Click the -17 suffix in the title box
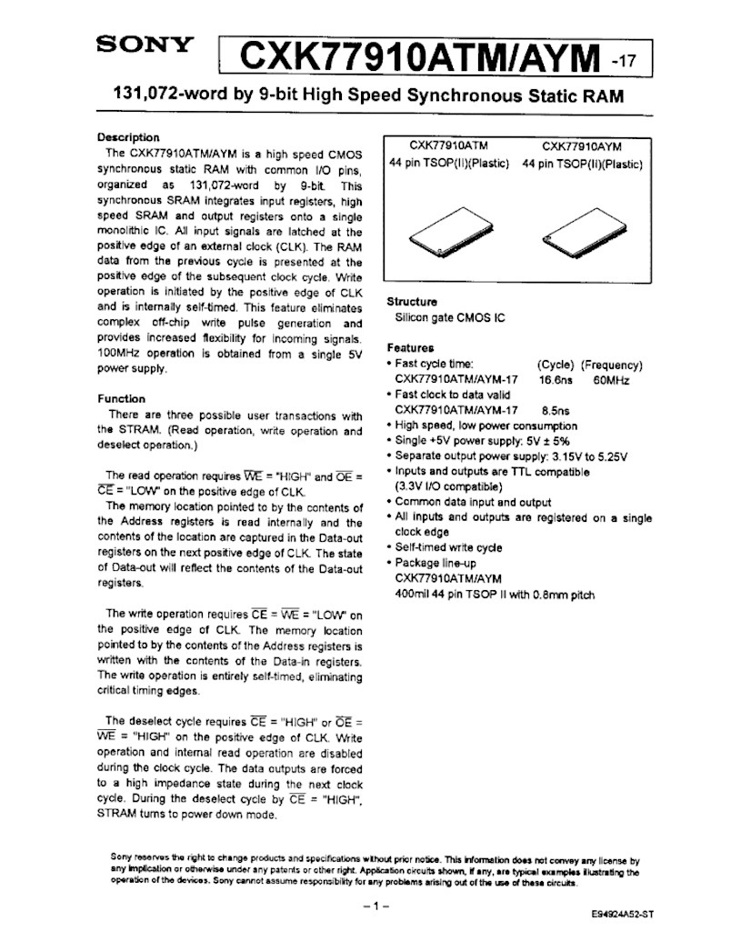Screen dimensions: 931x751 tap(626, 62)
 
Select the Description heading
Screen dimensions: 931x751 tap(128, 137)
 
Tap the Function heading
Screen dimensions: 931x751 tap(121, 398)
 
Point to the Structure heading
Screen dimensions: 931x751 tap(412, 302)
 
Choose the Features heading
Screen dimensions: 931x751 tap(410, 348)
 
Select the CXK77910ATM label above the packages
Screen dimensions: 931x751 tap(448, 145)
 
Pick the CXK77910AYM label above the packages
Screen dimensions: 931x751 tap(582, 145)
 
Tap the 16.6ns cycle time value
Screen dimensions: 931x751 tap(557, 380)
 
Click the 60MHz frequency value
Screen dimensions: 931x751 tap(611, 380)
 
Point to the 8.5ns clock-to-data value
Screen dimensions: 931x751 tap(556, 410)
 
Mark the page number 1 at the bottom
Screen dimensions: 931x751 tap(375, 906)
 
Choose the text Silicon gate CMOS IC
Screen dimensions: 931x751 tap(451, 318)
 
